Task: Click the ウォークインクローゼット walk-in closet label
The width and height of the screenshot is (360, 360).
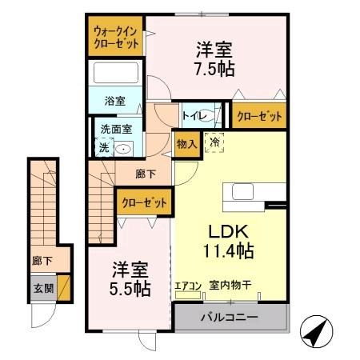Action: point(116,37)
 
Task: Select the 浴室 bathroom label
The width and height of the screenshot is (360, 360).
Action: point(115,101)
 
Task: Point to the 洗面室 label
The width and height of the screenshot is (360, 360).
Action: point(115,128)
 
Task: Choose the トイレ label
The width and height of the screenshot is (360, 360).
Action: point(194,117)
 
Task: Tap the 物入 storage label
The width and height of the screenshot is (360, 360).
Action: point(185,144)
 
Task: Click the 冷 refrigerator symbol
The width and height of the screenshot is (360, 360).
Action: point(214,142)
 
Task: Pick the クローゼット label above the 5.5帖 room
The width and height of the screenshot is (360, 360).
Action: point(145,203)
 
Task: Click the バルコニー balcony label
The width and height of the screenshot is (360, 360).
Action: point(229,318)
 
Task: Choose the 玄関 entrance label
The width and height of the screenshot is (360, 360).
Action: point(42,286)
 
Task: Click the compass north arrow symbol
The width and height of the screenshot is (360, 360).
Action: point(315,329)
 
